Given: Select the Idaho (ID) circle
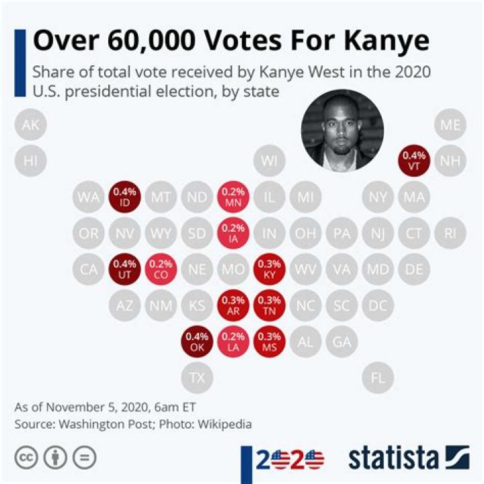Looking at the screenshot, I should pos(124,197).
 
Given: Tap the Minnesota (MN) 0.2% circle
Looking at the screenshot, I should pos(233,197).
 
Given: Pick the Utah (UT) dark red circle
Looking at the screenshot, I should pos(124,270).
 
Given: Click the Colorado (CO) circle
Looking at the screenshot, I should pos(161,270).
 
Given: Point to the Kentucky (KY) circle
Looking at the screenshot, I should pos(270,270).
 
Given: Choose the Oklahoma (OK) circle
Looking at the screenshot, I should pos(197,342).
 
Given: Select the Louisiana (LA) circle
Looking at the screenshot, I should pos(233,342).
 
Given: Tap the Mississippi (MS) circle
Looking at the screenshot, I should pos(270,342).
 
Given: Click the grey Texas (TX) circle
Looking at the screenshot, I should pos(197,378).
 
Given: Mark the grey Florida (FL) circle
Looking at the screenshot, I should pos(378,378).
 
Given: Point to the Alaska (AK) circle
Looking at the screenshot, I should pos(30,125).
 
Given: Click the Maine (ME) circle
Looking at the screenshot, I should pos(450,125).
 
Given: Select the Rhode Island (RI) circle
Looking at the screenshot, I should pos(450,233).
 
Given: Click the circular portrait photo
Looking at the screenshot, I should pos(341,128).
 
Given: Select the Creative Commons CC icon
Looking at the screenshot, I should pos(27,458).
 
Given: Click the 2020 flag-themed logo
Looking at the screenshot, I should pos(289,460).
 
